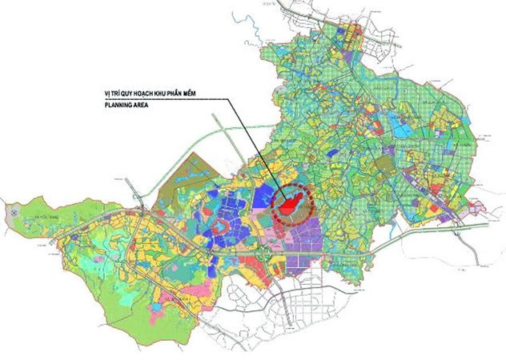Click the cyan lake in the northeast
(x=398, y=125)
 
